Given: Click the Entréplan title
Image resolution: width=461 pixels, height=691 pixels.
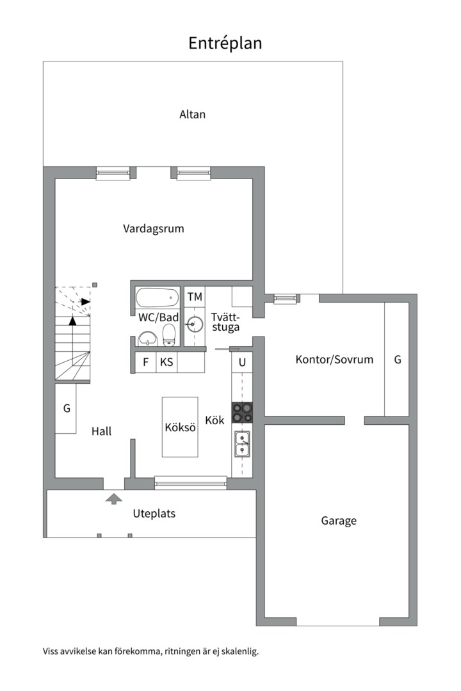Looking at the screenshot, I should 225,43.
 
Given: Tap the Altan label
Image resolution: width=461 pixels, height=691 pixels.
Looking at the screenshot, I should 192,115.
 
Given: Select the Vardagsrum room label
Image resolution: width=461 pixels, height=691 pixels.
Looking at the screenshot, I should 154,228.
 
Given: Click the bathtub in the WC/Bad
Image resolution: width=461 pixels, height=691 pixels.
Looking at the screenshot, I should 158,298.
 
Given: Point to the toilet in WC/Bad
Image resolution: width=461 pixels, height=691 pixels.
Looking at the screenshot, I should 169,333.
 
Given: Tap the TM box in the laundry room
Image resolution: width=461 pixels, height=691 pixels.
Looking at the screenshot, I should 195,297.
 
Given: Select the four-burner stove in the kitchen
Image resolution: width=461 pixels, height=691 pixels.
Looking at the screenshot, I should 242,412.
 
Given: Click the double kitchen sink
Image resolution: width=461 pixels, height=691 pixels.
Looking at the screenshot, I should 242,443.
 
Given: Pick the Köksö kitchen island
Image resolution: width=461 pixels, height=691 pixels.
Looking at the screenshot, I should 180,427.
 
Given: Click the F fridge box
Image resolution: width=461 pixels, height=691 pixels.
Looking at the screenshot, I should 145,362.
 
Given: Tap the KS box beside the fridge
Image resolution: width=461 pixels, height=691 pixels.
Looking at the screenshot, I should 166,362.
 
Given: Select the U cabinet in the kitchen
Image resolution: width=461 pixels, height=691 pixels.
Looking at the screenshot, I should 242,362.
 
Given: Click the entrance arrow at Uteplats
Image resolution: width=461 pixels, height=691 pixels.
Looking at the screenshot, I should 113,498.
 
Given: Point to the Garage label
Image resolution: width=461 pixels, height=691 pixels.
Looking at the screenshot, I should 339,521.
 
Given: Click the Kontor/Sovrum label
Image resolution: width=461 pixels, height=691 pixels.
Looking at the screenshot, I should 334,359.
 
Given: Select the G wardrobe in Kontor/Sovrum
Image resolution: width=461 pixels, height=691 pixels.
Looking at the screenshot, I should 397,359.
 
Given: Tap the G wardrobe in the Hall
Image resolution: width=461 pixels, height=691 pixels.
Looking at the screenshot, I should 66,408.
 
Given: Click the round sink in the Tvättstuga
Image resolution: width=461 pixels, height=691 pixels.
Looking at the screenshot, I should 194,324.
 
